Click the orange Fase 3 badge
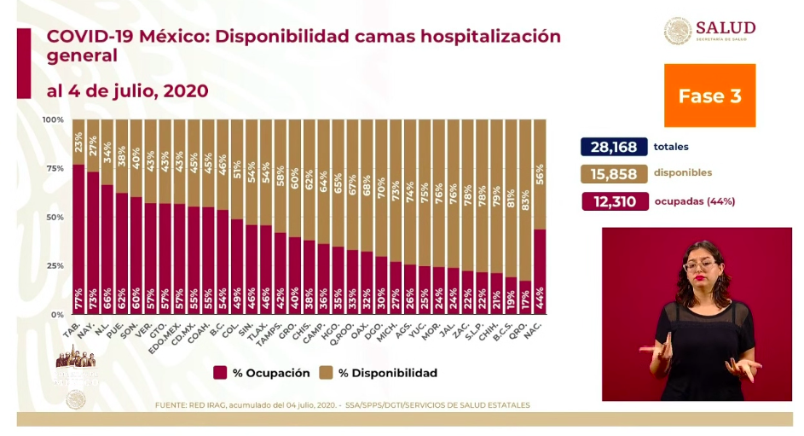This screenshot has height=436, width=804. tap(709, 96)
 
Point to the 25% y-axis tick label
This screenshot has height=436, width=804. tap(55, 266)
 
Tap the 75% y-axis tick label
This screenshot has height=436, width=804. tap(55, 169)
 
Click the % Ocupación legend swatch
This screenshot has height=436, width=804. tap(220, 373)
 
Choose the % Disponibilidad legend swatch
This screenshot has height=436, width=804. tap(325, 373)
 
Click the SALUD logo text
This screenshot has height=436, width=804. tap(725, 27)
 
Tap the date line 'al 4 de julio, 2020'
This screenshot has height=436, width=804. tap(127, 90)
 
